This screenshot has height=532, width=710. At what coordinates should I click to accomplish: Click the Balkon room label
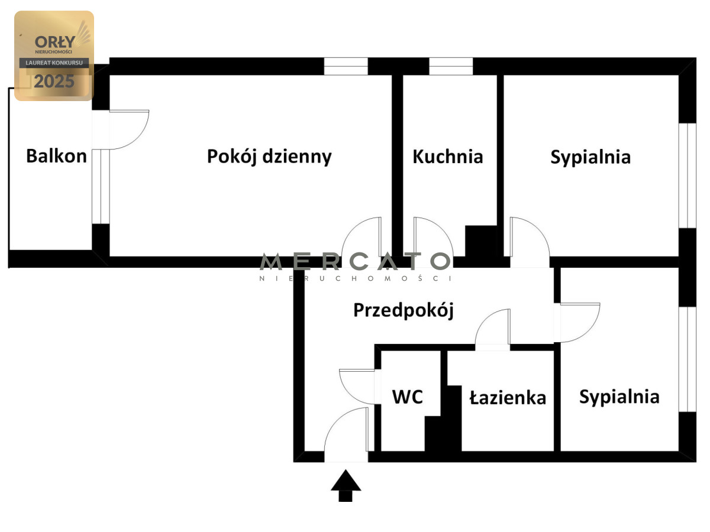56,156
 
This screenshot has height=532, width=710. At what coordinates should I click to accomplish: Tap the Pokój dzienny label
269,157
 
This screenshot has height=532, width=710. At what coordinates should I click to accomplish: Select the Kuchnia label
448,157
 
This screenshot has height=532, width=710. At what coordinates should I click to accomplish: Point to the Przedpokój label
404,310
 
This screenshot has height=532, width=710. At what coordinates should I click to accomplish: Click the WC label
408,397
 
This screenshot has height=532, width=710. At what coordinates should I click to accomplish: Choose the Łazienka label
508,397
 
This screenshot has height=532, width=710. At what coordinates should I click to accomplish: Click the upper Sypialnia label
590,157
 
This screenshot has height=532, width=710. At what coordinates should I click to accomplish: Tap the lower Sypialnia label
619,396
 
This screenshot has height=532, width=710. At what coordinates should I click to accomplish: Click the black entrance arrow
346,485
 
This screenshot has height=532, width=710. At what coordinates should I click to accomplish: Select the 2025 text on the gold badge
54,82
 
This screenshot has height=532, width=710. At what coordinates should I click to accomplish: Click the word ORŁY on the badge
54,41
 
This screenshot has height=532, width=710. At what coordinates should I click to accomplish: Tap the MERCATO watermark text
355,261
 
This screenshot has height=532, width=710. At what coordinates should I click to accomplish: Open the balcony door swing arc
127,129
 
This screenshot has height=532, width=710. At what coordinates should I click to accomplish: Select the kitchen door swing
432,236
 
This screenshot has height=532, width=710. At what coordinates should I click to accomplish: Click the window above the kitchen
451,66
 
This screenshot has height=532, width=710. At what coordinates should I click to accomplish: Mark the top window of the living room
346,66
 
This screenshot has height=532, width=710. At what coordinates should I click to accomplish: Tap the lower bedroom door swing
579,322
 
